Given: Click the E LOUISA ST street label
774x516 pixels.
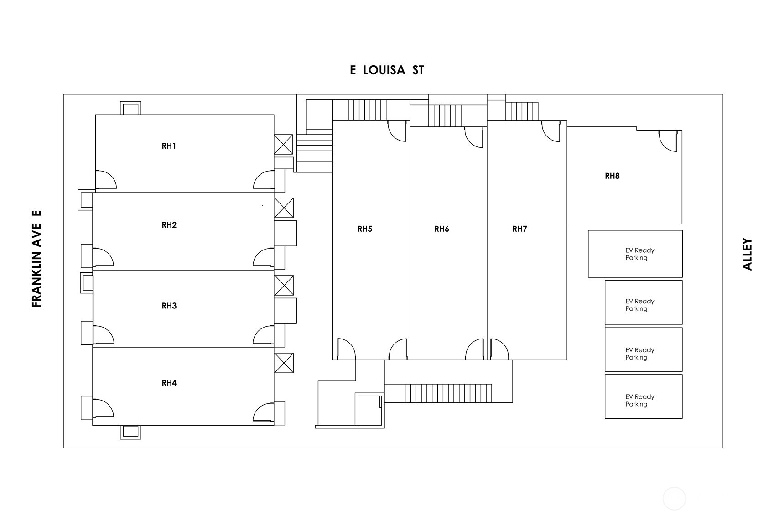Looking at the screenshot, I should (x=387, y=70).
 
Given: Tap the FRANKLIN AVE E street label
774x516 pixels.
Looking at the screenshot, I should (x=37, y=259).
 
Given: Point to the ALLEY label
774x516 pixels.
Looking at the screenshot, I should (x=747, y=254).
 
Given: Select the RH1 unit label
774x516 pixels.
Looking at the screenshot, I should (x=169, y=146).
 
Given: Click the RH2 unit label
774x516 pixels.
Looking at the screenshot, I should (x=169, y=225).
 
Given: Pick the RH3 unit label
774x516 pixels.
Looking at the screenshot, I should (x=169, y=306).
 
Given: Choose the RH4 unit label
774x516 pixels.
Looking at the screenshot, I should (x=169, y=383).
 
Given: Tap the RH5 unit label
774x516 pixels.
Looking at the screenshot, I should (x=364, y=229).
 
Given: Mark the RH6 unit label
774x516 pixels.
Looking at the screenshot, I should (x=442, y=229).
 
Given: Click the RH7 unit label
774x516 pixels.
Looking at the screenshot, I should (x=519, y=229).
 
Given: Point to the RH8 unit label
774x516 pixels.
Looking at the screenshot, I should (x=612, y=176).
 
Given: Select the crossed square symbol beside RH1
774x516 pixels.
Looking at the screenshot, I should (x=283, y=144).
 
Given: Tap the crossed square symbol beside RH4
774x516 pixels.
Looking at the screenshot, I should (x=283, y=363).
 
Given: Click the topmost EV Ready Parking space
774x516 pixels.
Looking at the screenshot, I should (x=635, y=254).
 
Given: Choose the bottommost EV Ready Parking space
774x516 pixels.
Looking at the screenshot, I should (x=643, y=396).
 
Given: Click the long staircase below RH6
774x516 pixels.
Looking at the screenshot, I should (x=448, y=393).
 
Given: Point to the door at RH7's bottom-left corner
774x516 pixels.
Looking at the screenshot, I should (x=499, y=349).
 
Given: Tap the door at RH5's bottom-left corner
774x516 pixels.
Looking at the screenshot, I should (x=346, y=349).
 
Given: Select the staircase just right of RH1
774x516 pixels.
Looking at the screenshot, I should (x=314, y=150).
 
